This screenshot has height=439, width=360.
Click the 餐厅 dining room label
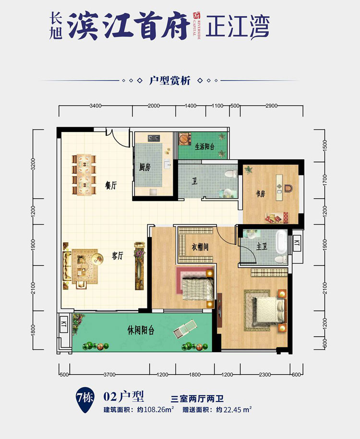(x=111, y=185)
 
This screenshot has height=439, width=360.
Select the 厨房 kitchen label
(x=145, y=167)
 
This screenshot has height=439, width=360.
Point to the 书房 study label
(x=260, y=194)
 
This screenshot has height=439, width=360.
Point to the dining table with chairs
(x=83, y=174)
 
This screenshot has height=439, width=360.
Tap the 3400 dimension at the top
(x=95, y=106)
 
